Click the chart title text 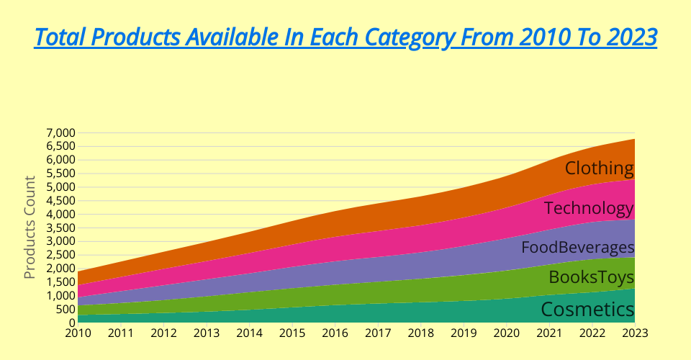[345, 37]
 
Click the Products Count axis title [30, 228]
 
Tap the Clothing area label [599, 168]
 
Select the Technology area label [589, 209]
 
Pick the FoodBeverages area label [577, 248]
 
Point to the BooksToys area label [591, 278]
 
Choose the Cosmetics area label [587, 310]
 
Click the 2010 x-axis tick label [78, 333]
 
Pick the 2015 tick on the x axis [292, 333]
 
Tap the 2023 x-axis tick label [635, 333]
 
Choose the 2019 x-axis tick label [464, 333]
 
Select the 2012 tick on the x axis [163, 333]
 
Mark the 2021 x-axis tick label [549, 333]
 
